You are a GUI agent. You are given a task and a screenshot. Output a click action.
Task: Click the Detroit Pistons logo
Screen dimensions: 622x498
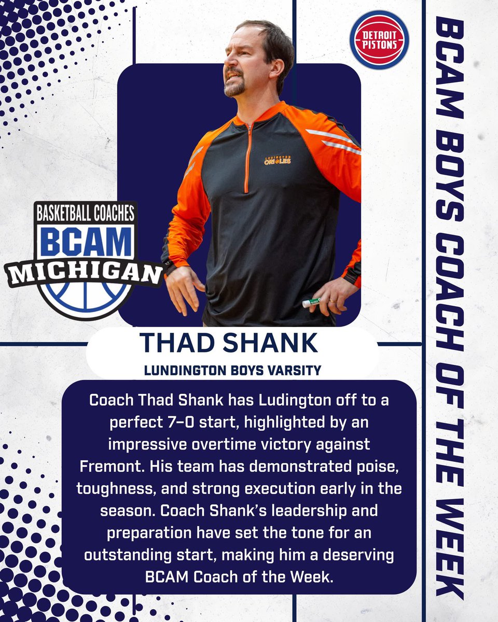379,40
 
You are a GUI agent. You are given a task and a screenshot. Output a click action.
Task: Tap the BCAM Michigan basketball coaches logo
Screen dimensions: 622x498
84,260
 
